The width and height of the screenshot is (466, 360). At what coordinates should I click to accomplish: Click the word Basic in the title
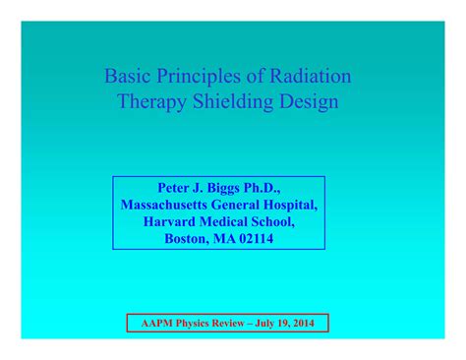pyautogui.click(x=128, y=77)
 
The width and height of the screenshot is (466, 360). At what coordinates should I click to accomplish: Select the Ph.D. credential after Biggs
pyautogui.click(x=284, y=188)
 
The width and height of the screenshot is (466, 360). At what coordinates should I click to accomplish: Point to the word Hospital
pyautogui.click(x=289, y=205)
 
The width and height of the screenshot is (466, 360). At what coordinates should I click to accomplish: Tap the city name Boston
pyautogui.click(x=188, y=238)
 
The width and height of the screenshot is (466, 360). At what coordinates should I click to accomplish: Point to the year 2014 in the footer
pyautogui.click(x=308, y=323)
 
